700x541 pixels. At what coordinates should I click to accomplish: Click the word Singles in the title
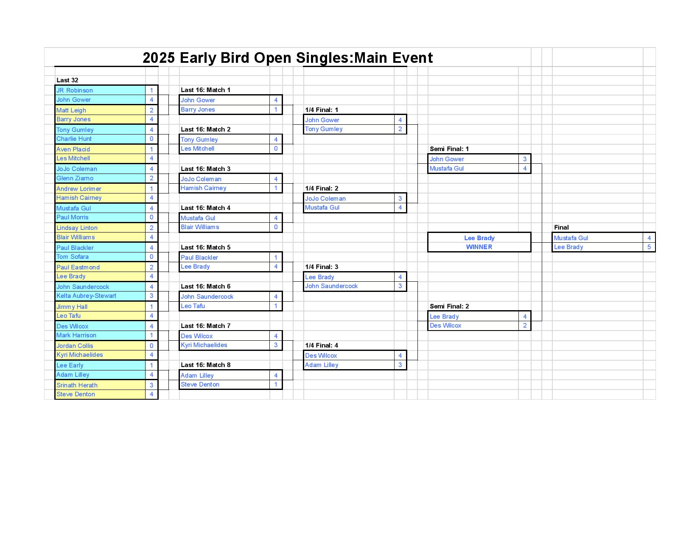322,58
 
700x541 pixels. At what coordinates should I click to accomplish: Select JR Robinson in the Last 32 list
74,90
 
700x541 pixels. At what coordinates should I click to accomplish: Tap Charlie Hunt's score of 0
151,139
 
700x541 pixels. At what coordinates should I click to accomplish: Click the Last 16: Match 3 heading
205,168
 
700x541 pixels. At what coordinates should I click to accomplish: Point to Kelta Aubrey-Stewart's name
86,296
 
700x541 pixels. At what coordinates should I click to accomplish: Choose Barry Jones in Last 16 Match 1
198,109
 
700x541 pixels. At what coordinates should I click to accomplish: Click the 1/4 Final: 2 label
322,188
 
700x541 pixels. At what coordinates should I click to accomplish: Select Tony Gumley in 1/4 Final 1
324,129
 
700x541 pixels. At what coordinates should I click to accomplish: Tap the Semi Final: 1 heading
449,149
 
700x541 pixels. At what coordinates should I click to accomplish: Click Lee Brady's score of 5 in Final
649,247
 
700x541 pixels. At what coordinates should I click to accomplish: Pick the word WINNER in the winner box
479,247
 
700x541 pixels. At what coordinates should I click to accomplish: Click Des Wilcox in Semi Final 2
445,325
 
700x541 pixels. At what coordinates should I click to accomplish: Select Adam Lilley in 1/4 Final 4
322,365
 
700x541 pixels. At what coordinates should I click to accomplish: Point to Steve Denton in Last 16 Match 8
200,384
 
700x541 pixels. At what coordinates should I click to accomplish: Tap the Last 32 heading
67,80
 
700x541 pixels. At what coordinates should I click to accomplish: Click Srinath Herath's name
77,385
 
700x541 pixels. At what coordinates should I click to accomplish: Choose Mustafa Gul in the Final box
571,238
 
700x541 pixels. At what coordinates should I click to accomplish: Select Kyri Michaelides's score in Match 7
276,345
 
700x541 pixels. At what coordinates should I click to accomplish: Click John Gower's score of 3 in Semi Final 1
525,159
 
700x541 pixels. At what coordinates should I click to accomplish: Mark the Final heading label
561,227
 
